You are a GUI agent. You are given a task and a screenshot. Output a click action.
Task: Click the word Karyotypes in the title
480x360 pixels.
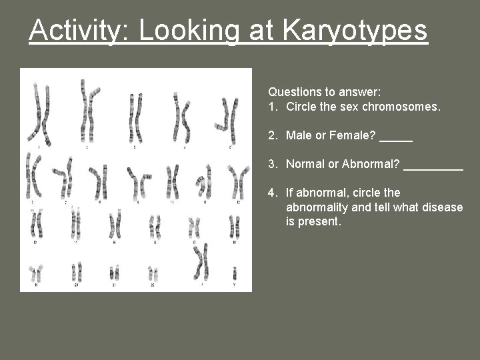pyautogui.click(x=355, y=31)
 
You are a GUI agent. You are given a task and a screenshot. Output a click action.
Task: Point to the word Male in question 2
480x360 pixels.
pyautogui.click(x=299, y=136)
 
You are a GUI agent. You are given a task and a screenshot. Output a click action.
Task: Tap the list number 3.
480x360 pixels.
pyautogui.click(x=272, y=164)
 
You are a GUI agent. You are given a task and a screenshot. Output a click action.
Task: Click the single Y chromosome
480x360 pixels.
pyautogui.click(x=235, y=273)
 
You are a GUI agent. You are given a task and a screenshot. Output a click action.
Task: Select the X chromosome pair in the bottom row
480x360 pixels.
pyautogui.click(x=201, y=261)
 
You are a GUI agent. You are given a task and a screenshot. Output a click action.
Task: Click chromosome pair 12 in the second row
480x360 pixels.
pyautogui.click(x=237, y=180)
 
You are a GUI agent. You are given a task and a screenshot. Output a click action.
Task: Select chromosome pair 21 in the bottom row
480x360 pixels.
pyautogui.click(x=114, y=273)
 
